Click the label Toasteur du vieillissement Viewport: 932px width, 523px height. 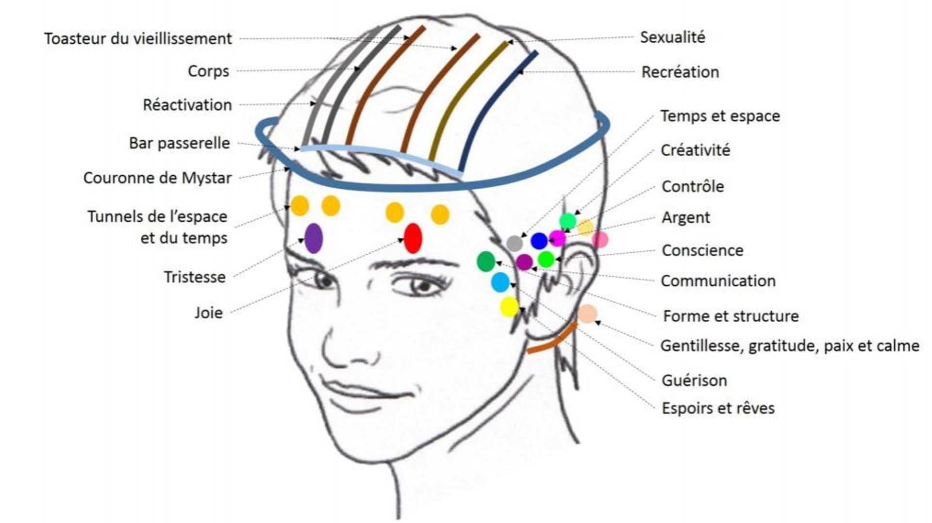click(x=138, y=39)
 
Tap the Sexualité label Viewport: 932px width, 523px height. click(x=672, y=37)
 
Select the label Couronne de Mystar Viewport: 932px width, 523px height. click(x=157, y=178)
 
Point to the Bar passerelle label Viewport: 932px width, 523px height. click(x=179, y=143)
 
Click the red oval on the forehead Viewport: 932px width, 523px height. click(x=413, y=238)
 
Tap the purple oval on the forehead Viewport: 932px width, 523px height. click(x=314, y=238)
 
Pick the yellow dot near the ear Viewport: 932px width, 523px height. click(x=509, y=307)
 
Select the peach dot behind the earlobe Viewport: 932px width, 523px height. click(x=587, y=314)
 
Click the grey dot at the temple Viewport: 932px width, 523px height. click(x=514, y=243)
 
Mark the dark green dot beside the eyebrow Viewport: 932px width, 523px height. click(x=486, y=261)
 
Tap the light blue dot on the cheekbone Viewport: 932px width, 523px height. click(x=500, y=282)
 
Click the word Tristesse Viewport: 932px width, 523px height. click(x=195, y=277)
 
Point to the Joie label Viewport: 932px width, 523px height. click(x=209, y=313)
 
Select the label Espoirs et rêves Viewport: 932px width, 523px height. click(x=718, y=408)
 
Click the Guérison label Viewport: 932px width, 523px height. click(x=694, y=380)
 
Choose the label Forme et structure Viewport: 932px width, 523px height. click(x=731, y=316)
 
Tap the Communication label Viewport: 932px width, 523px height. click(x=718, y=281)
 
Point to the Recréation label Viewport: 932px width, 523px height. click(x=680, y=72)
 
